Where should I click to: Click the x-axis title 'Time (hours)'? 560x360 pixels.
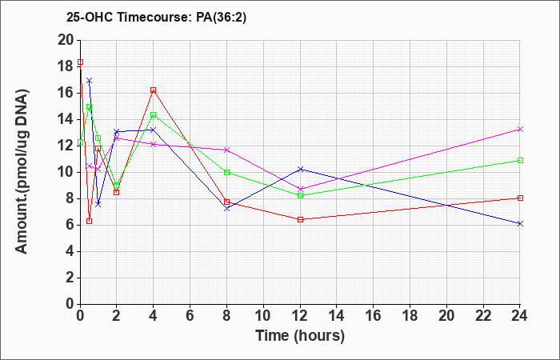(x=300, y=335)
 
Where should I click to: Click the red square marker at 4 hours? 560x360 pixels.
(x=154, y=90)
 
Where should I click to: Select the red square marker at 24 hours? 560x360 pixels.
(x=520, y=198)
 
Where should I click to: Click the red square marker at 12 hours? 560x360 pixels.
(x=300, y=219)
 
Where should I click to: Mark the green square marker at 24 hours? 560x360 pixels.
(x=520, y=160)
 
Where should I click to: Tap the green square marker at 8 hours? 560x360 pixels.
(x=227, y=172)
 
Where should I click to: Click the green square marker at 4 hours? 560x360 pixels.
(x=154, y=115)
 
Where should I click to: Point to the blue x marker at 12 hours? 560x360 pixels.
(x=300, y=169)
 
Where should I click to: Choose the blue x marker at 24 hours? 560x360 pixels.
(x=520, y=223)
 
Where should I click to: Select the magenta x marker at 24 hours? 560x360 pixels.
(x=520, y=129)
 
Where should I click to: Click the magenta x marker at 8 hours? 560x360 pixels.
(x=227, y=150)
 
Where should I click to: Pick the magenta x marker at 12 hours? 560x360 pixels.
(x=300, y=189)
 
